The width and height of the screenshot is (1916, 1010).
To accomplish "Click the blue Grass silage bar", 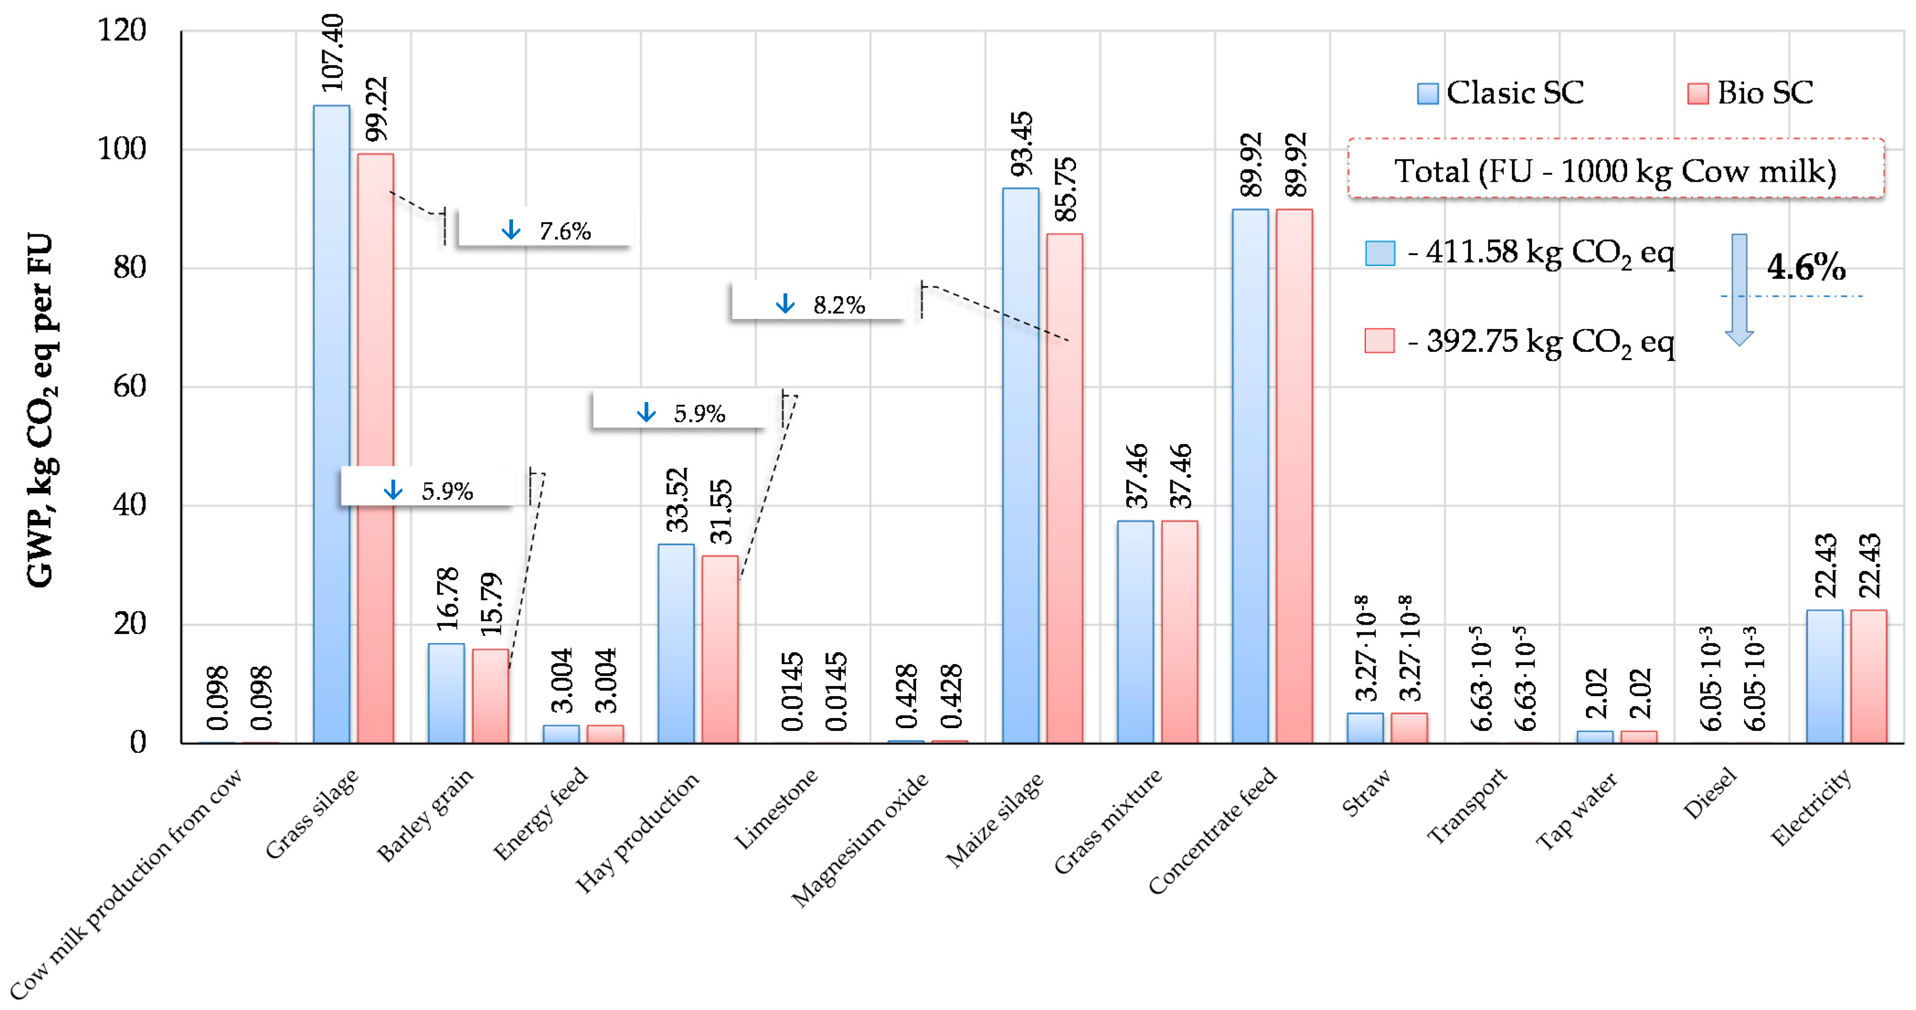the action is coord(331,424).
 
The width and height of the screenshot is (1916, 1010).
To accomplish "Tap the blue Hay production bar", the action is coord(676,643).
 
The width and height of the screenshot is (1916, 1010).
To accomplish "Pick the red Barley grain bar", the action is coord(491,696).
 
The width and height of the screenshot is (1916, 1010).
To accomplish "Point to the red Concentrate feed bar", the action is coord(1294,476).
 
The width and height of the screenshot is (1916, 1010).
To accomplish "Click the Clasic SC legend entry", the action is coord(1501,93).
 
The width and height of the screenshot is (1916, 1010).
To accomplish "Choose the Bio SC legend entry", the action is coord(1750,93).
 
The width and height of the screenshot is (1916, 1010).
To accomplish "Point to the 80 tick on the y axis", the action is coord(130,268).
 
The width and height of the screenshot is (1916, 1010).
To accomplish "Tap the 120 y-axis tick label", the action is coord(123,31).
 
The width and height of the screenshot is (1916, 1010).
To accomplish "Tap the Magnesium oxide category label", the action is coord(860,839).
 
